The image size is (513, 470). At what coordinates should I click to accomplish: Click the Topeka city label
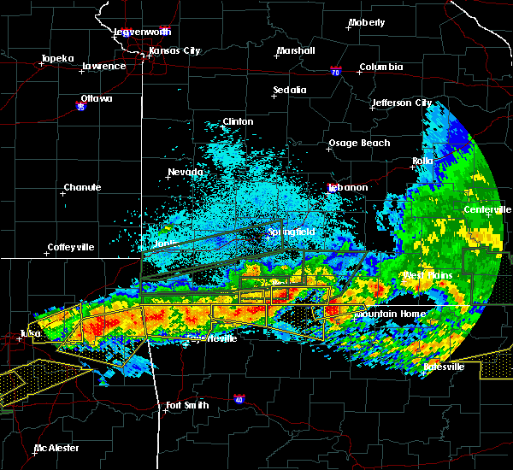pos(56,60)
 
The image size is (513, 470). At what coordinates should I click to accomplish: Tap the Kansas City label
pos(174,51)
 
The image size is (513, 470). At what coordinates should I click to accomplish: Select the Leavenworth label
pos(143,32)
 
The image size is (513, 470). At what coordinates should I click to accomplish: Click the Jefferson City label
pos(401,103)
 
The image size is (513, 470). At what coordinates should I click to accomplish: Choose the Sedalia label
pos(290,90)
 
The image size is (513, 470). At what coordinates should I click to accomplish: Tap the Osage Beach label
pos(359,143)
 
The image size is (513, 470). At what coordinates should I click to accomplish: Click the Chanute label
pos(82,187)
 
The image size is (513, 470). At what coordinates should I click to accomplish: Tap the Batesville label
pos(445,367)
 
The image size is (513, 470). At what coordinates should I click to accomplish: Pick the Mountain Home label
pos(390,314)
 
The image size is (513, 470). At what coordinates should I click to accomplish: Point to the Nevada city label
pos(185,172)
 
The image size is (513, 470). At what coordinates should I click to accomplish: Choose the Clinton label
pos(238,121)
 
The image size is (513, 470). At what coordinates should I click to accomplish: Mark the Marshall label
pos(296,51)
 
